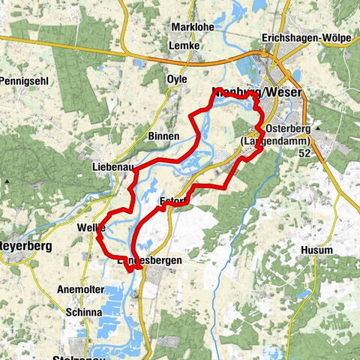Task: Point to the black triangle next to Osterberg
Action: pyautogui.click(x=318, y=128)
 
